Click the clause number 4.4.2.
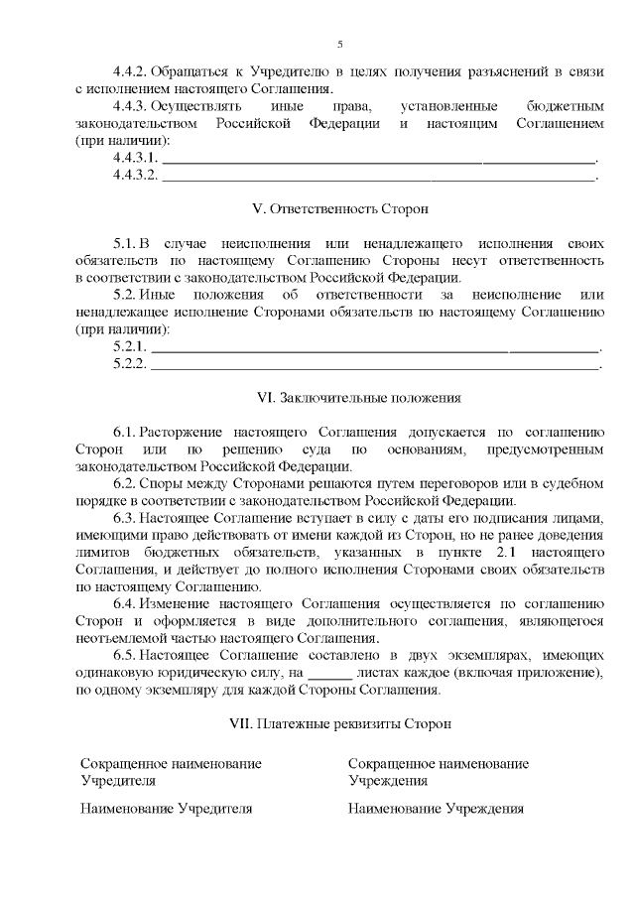130,72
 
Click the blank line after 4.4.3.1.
379,159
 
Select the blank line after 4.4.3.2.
379,176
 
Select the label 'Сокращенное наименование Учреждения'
438,771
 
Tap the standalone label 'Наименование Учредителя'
166,809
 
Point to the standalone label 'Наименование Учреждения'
436,809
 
